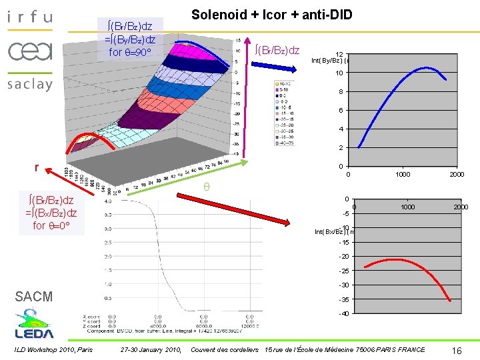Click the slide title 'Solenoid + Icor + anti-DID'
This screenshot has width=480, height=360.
click(271, 15)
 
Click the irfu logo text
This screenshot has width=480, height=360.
click(29, 17)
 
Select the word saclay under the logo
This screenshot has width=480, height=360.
click(29, 85)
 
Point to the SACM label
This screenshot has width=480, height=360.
click(33, 297)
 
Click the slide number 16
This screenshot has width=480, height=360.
click(457, 350)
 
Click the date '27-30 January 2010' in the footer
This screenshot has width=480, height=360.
click(151, 350)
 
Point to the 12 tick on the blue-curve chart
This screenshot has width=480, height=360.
click(339, 55)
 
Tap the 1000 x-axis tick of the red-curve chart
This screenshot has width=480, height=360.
click(407, 207)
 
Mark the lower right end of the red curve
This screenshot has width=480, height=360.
click(450, 301)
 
